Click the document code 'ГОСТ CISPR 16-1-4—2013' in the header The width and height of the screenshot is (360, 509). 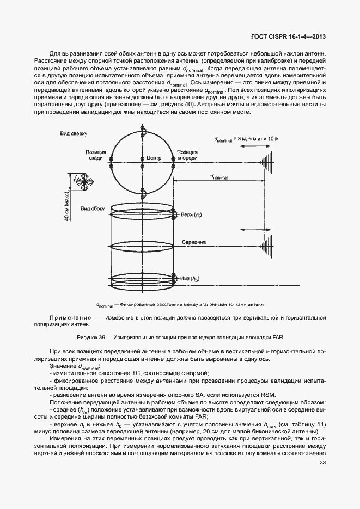coord(292,36)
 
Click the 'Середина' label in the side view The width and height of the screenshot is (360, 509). coord(193,241)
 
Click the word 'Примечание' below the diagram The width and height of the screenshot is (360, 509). coord(70,317)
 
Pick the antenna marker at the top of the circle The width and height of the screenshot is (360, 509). coord(143,131)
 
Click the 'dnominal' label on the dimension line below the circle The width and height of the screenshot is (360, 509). coord(220,177)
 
